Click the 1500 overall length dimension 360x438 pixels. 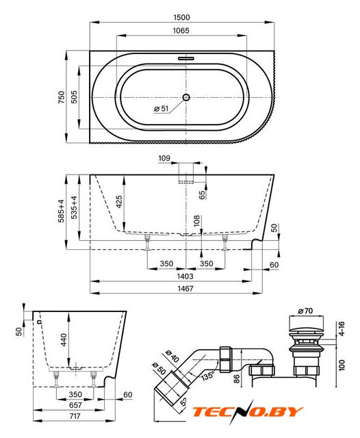tap(181, 17)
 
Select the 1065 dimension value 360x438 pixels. tap(181, 30)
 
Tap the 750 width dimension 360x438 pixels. tap(62, 97)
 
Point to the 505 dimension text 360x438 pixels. tap(75, 97)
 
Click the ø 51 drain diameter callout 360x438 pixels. tap(162, 108)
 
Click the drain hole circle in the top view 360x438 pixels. tap(186, 97)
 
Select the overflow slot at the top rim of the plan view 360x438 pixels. tap(186, 59)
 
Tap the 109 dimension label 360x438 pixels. tap(164, 158)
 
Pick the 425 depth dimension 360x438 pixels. tap(119, 202)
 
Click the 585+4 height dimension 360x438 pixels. tap(61, 211)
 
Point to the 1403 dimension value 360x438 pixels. tap(185, 276)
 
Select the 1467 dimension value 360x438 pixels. tap(185, 289)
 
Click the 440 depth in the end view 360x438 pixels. tap(64, 339)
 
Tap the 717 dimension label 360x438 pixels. tap(75, 416)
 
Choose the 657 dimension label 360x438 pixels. tap(75, 405)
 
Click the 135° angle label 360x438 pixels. tap(207, 375)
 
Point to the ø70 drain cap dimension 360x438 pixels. tap(305, 311)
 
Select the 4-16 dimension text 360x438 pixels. tap(342, 328)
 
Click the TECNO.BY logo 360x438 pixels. tap(248, 411)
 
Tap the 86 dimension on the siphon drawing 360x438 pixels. tap(237, 378)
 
